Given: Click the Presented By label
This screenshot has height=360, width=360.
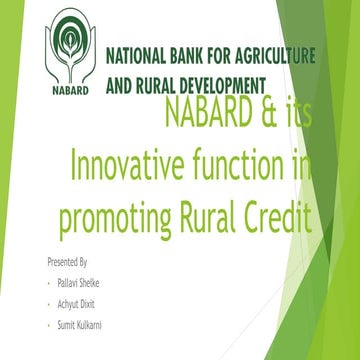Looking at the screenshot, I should [67, 261].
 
